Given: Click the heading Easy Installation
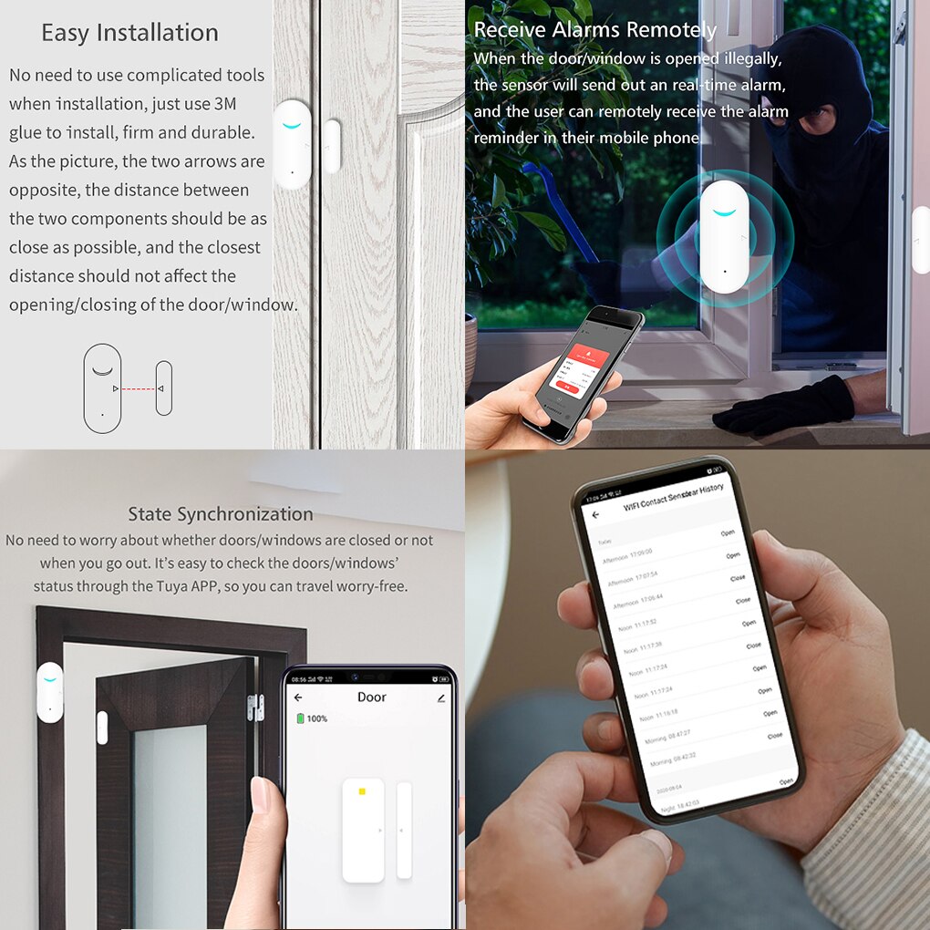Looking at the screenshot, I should [129, 34].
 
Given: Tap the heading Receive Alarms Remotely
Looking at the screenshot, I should [595, 30].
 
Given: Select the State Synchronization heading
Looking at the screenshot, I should [220, 514].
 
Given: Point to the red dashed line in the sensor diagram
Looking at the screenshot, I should [138, 389].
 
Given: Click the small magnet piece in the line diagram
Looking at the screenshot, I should [163, 388].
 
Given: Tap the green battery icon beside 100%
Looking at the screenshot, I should [299, 718].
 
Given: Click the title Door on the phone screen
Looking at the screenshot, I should [371, 697].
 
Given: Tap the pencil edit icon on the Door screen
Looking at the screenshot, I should [441, 698].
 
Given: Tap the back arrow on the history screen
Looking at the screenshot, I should [596, 515].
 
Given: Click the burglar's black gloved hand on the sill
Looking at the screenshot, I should [784, 406].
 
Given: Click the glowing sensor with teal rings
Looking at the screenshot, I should [725, 237].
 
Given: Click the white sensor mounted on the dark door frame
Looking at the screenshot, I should [49, 693].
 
